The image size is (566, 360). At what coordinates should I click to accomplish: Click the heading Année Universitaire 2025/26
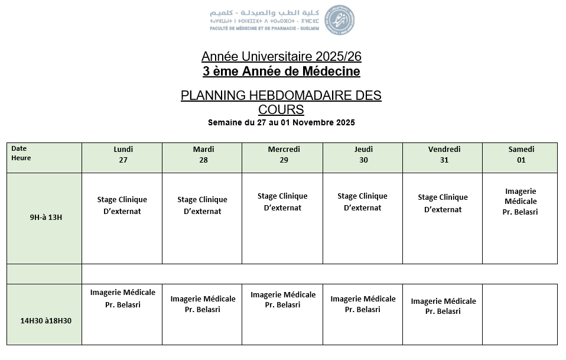(281, 57)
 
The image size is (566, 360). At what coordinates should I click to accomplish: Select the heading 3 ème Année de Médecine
(281, 72)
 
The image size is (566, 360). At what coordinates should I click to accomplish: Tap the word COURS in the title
(281, 109)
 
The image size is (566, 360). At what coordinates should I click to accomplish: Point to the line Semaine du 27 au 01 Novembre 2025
(281, 123)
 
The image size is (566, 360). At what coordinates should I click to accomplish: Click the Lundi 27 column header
(123, 155)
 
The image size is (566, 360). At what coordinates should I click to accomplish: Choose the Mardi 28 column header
(203, 155)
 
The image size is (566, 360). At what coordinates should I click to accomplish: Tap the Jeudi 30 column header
(363, 155)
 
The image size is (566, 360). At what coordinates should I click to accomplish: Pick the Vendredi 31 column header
(444, 155)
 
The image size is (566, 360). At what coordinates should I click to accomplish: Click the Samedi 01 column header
(521, 155)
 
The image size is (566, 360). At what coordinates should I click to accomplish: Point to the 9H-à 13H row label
(46, 217)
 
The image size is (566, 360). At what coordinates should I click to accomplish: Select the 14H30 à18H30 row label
(45, 320)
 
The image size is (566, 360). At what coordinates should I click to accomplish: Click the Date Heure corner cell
(24, 154)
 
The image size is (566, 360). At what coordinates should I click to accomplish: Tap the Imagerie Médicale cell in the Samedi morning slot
(521, 202)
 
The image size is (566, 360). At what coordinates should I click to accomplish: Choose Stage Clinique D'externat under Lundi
(122, 205)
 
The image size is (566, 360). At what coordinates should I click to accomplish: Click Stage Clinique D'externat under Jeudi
(363, 202)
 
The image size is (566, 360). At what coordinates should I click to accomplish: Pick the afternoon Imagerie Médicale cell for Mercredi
(283, 300)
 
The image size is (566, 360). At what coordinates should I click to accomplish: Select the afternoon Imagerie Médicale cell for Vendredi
(443, 306)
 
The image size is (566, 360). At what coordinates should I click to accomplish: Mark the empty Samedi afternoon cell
(520, 314)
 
